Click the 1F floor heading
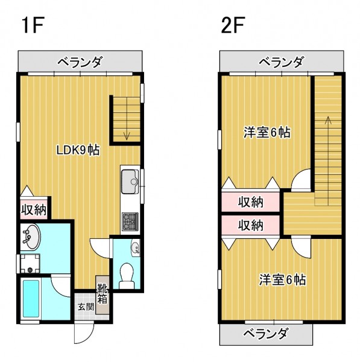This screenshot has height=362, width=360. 33,25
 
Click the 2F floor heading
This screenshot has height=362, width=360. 233,25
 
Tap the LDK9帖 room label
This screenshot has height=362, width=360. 78,150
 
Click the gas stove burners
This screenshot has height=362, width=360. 130,221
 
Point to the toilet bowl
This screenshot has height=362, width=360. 127,275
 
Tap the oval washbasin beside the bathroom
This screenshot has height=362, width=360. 30,237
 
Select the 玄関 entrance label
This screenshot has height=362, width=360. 86,307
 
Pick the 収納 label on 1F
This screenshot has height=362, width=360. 34,210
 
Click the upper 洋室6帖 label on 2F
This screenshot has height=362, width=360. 267,132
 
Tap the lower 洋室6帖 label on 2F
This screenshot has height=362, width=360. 282,279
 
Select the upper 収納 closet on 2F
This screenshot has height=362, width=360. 251,202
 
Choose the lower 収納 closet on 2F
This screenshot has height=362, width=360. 251,225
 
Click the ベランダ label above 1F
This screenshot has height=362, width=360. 79,62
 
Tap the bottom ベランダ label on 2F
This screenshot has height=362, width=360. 266,334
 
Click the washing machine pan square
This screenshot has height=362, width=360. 30,263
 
